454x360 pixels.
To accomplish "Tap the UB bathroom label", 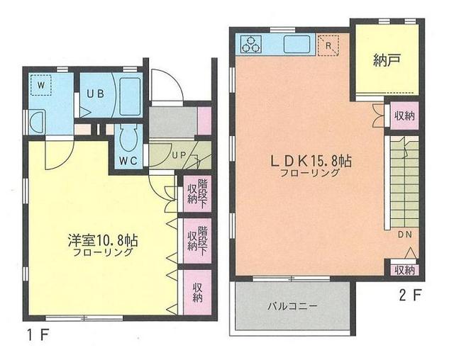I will pyautogui.click(x=96, y=94).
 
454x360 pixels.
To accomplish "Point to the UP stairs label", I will pyautogui.click(x=177, y=155).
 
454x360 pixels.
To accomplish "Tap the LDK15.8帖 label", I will pyautogui.click(x=310, y=162).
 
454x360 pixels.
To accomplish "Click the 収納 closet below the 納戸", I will pyautogui.click(x=404, y=116).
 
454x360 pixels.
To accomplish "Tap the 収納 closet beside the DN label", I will pyautogui.click(x=404, y=269).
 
